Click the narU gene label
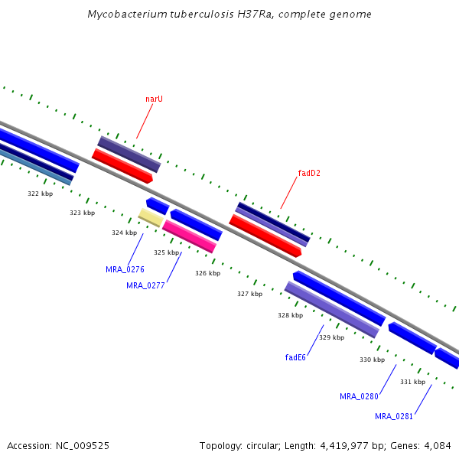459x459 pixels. [154, 99]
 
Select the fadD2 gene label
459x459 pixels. [308, 173]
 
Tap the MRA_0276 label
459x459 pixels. [125, 269]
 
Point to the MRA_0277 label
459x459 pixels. [145, 285]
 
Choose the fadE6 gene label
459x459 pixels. [295, 357]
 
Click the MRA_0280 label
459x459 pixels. [359, 396]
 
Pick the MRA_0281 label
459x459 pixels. [394, 416]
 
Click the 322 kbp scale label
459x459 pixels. [41, 194]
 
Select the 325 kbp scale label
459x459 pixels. [167, 252]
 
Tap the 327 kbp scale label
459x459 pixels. [249, 294]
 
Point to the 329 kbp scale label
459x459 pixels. [331, 337]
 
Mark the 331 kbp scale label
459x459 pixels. [412, 382]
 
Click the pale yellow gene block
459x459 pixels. [151, 218]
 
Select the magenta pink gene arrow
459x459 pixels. [189, 236]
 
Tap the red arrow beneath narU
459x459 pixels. [122, 166]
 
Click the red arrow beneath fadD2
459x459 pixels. [265, 236]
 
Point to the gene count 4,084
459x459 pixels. [438, 445]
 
